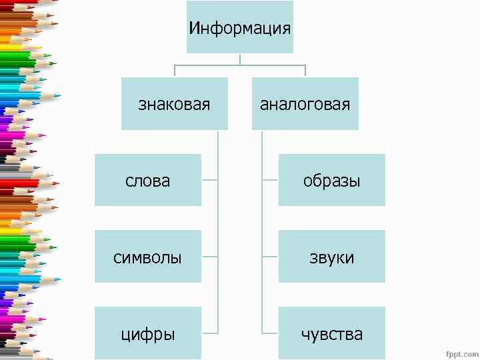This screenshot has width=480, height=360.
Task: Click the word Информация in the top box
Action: pos(240,29)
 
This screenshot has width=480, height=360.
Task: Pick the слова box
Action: pos(148,180)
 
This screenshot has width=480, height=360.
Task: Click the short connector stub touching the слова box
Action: pos(209,180)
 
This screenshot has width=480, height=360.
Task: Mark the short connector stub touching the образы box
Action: pos(270,180)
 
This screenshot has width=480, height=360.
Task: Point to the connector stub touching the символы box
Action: pos(209,257)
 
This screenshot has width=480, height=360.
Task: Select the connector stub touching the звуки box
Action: pos(270,257)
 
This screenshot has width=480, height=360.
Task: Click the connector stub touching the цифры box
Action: pos(209,333)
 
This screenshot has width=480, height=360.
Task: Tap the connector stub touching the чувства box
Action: pos(270,333)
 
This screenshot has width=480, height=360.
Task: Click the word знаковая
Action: pos(174,105)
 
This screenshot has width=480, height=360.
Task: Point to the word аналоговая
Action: pos(305,105)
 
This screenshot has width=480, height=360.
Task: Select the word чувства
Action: pos(331,334)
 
